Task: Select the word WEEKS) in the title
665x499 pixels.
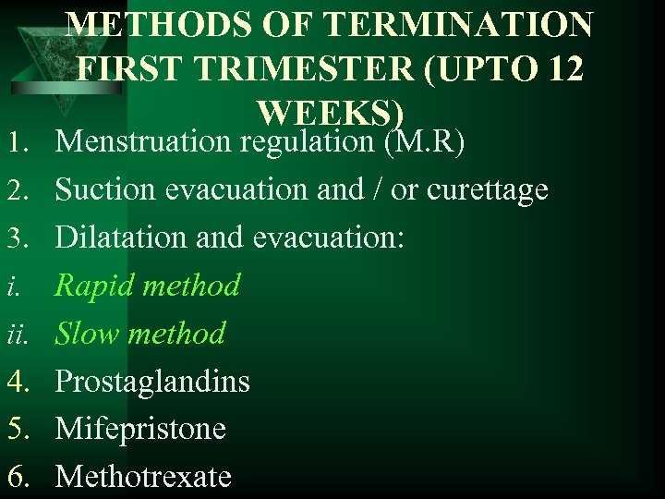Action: [x=331, y=113]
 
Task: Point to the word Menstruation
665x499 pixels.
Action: [x=144, y=142]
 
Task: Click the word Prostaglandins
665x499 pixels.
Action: [x=152, y=382]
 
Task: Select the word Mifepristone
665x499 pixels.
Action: [x=140, y=429]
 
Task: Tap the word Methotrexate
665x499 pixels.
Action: [x=143, y=476]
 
